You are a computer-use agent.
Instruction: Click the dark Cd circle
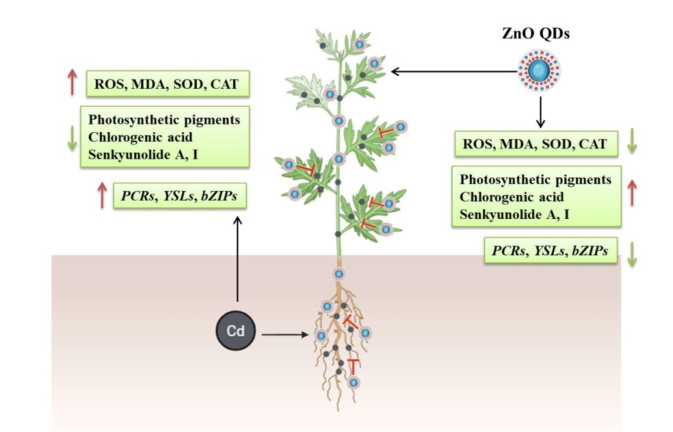235,331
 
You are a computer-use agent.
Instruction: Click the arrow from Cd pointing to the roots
285,335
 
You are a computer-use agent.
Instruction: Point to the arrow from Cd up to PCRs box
238,259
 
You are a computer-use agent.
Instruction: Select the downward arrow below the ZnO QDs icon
539,110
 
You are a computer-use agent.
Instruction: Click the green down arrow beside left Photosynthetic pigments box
73,137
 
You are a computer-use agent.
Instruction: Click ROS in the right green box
477,144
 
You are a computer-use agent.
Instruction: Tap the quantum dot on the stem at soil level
337,273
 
